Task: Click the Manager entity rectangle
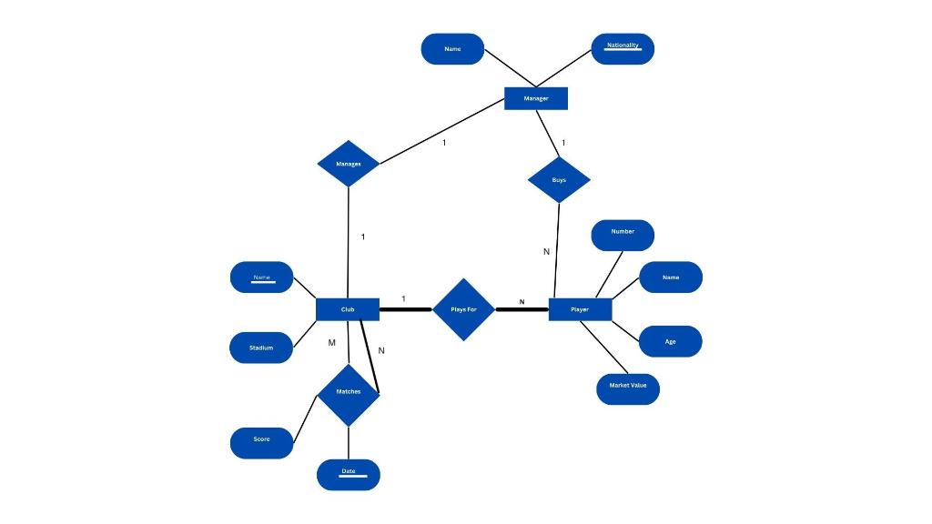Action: click(x=536, y=98)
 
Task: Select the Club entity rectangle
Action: click(x=348, y=309)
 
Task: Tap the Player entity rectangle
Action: click(x=580, y=309)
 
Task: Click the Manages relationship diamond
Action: click(x=349, y=164)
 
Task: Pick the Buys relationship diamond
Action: click(x=559, y=180)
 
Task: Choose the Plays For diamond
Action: click(x=463, y=309)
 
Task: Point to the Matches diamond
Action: click(x=349, y=392)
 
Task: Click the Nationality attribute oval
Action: click(x=623, y=48)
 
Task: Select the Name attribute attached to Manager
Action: click(x=452, y=49)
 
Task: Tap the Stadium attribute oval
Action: click(x=261, y=348)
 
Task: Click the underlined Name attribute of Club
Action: click(x=261, y=277)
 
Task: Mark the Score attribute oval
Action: click(x=261, y=440)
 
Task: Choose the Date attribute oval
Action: click(x=349, y=474)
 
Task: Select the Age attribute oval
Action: click(x=671, y=342)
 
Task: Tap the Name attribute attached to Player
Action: click(x=671, y=277)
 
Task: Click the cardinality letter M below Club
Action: click(x=332, y=343)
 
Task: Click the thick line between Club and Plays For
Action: click(x=405, y=310)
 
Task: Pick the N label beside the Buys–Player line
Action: click(x=547, y=251)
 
